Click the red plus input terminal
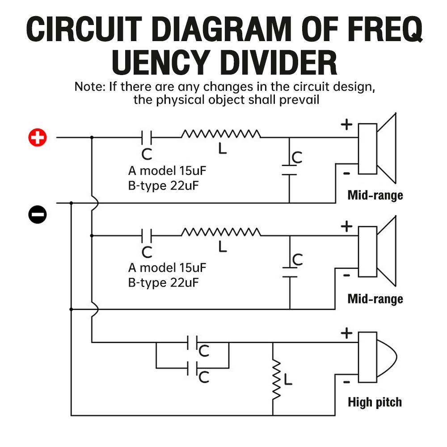(x=38, y=138)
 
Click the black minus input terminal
(x=38, y=215)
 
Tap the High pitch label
(x=375, y=402)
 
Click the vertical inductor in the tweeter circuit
(x=277, y=380)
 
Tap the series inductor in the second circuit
(x=221, y=232)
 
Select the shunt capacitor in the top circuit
(x=289, y=169)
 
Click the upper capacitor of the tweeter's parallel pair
(x=193, y=343)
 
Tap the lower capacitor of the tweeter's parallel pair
(x=193, y=369)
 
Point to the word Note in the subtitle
(x=89, y=86)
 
